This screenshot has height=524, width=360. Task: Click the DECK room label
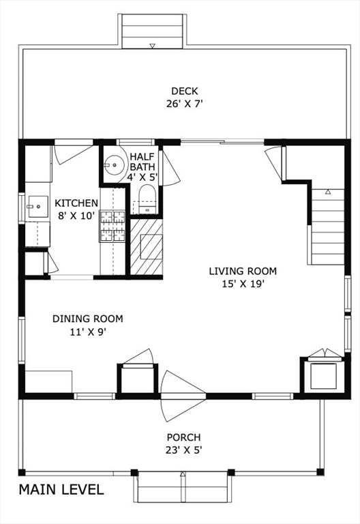point(184,91)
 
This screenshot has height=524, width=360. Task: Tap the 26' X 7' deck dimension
point(185,104)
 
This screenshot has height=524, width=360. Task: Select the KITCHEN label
point(76,203)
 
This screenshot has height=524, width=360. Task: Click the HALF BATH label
point(142,162)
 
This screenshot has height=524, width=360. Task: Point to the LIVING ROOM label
point(243,271)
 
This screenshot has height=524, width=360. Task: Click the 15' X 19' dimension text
point(243,284)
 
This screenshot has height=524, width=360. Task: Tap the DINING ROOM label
point(87,319)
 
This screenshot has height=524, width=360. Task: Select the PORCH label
point(183,437)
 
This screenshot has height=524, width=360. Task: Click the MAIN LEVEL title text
point(61,490)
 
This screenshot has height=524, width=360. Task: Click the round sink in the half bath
point(115,164)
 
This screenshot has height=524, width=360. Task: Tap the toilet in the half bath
point(147,199)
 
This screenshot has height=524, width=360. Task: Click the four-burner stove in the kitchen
point(112,227)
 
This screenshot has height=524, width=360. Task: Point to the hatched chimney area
point(147,246)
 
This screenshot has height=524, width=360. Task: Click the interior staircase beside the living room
point(327,227)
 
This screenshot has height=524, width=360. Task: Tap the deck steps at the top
point(152,31)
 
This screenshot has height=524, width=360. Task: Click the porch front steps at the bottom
point(183,486)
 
